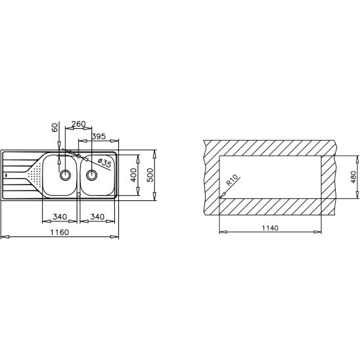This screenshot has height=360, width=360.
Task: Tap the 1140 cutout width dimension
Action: [269, 227]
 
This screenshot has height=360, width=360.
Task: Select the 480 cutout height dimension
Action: [353, 177]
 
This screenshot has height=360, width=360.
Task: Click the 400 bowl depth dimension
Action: [133, 175]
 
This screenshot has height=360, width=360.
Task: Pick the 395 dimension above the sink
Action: [99, 136]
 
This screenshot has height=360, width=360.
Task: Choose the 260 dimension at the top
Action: [78, 124]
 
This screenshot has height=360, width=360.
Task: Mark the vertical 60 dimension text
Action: [55, 127]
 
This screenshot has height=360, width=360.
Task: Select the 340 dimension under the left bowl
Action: [59, 217]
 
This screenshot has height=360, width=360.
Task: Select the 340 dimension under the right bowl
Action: [97, 217]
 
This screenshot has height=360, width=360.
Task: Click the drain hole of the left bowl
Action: [65, 175]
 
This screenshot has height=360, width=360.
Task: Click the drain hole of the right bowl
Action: [91, 175]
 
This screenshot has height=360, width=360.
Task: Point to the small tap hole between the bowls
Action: [78, 156]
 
